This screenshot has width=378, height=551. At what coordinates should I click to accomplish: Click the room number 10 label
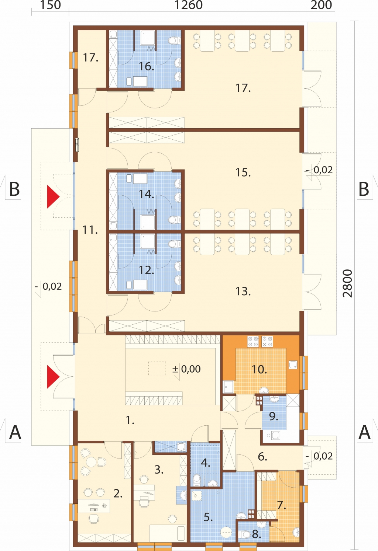[x=259, y=369]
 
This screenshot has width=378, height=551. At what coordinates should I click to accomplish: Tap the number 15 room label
[x=243, y=172]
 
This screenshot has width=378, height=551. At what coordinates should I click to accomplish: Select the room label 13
[x=243, y=292]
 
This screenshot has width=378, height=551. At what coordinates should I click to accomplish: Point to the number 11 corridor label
[x=90, y=230]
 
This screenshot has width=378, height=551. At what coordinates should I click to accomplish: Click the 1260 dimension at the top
[x=189, y=5]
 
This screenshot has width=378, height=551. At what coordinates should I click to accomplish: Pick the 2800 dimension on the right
[x=347, y=283]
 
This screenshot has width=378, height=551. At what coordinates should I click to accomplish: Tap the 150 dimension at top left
[x=50, y=5]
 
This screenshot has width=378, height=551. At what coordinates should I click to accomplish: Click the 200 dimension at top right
[x=321, y=5]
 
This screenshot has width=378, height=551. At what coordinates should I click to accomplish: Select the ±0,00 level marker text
[x=186, y=369]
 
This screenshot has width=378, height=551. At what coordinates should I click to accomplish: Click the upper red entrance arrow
[x=53, y=197]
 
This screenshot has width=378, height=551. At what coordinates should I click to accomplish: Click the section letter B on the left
[x=14, y=189]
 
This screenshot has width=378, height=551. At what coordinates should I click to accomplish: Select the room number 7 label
[x=281, y=505]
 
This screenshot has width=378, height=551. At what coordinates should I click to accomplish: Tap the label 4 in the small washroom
[x=206, y=463]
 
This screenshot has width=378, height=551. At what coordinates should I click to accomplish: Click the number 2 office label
[x=118, y=494]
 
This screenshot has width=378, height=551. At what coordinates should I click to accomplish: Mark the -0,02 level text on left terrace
[x=48, y=286]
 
